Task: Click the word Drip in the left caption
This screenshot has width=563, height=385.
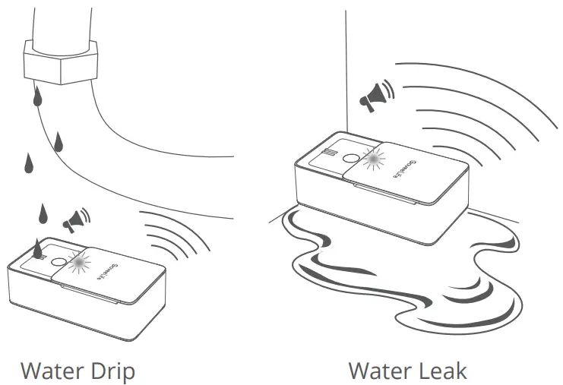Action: pos(111,371)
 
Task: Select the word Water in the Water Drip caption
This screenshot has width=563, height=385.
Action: pos(52,371)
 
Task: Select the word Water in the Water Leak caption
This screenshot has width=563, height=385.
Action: pos(378,371)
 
